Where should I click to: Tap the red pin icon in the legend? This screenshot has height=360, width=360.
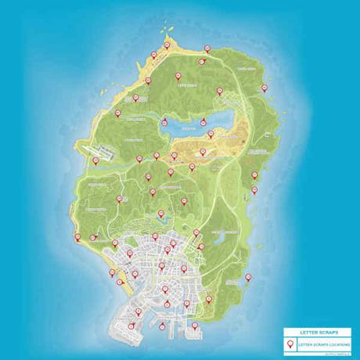(290, 344)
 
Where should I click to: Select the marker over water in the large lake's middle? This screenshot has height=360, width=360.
(203, 122)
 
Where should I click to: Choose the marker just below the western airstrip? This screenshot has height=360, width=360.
(95, 160)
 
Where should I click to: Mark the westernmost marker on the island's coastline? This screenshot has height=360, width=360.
(77, 238)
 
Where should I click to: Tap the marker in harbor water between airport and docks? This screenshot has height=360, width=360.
(162, 326)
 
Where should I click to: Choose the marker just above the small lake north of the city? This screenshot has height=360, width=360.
(161, 214)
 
